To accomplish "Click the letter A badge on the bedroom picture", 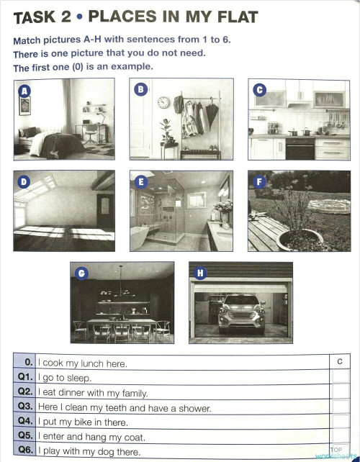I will [x=25, y=91].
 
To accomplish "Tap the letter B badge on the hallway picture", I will [x=141, y=90].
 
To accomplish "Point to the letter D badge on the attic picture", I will [x=24, y=182].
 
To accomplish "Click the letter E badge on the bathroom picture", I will [x=141, y=182].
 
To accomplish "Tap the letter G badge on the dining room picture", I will [x=82, y=273].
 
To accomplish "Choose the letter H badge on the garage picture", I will [x=200, y=273].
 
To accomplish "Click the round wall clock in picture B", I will [x=163, y=103].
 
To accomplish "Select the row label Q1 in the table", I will [x=24, y=377].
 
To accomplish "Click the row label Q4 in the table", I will [x=24, y=421].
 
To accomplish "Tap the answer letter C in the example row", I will [x=339, y=362].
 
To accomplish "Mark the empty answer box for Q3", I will [x=340, y=407].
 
